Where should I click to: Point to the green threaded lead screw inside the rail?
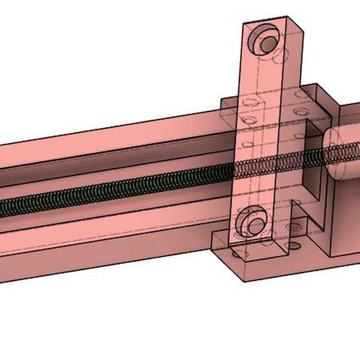point(120,189)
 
